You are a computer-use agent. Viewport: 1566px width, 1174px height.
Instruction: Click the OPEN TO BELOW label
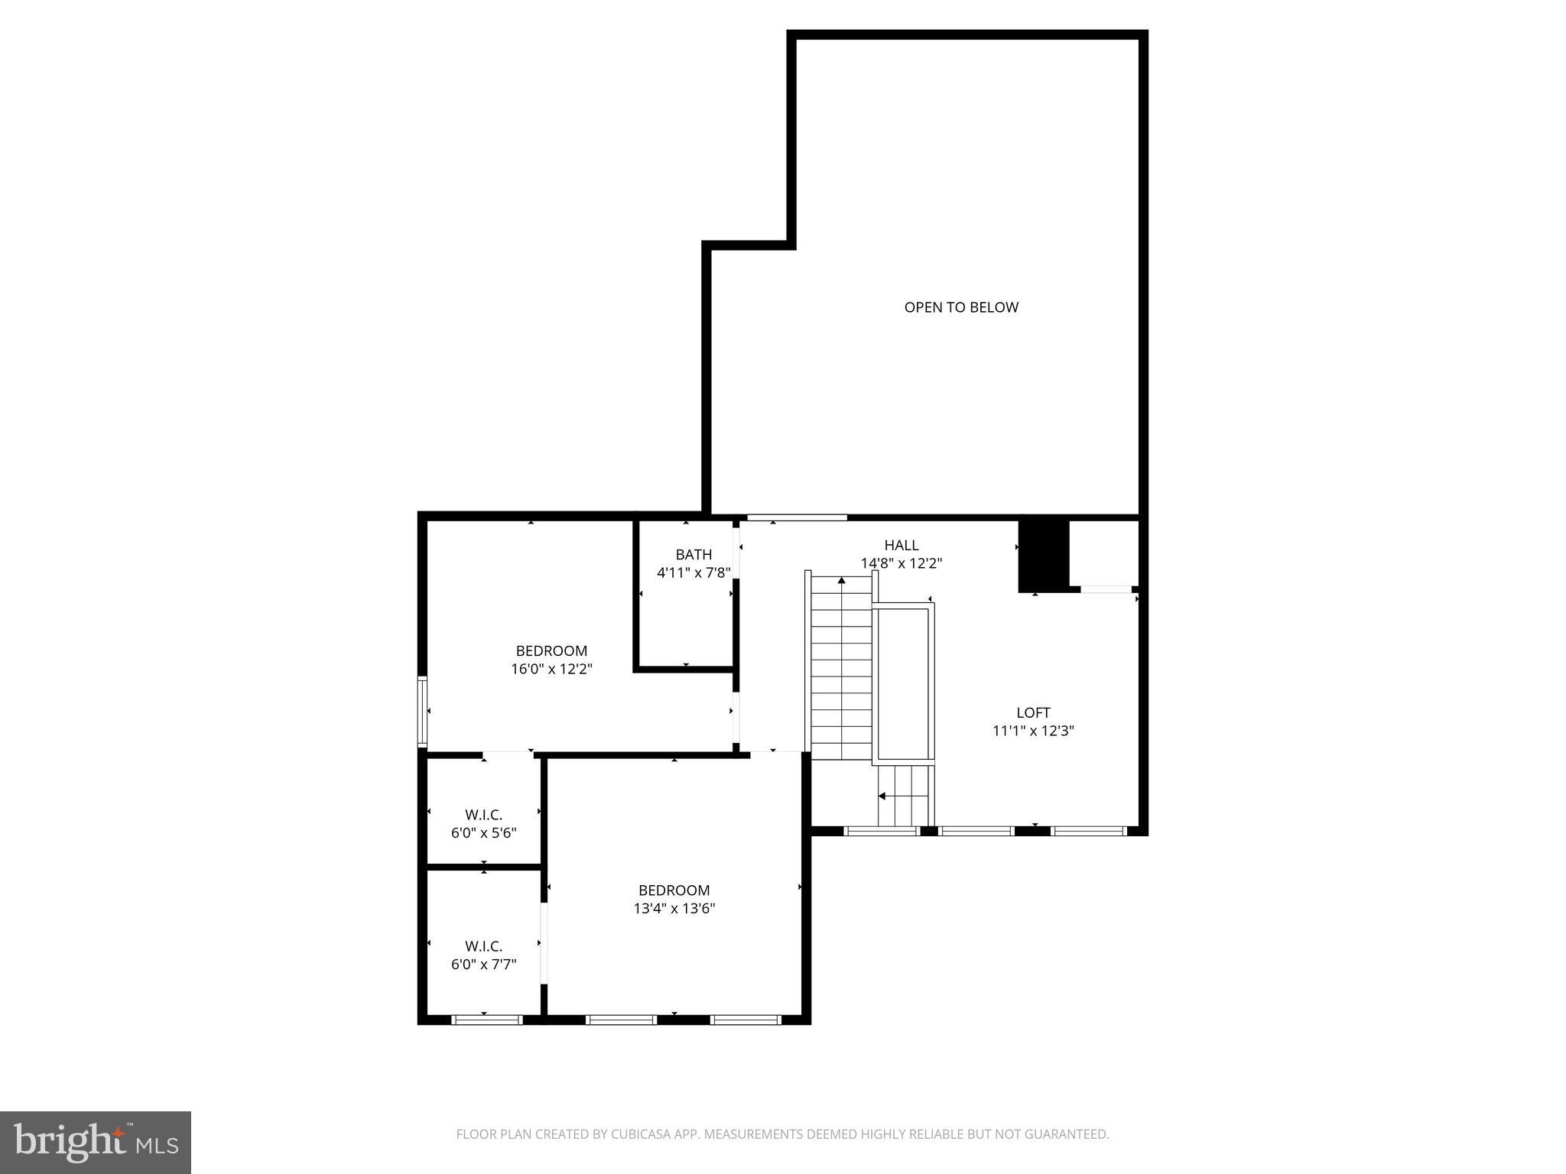tap(961, 307)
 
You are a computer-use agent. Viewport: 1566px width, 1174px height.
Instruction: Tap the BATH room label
tap(694, 554)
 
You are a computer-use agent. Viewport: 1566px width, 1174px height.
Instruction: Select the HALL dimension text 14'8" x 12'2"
tap(901, 563)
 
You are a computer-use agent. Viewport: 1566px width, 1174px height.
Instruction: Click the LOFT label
tap(1033, 712)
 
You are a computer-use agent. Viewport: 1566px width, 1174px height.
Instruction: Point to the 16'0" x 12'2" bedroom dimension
tap(551, 669)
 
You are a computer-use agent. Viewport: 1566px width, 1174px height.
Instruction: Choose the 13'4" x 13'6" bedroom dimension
tap(674, 908)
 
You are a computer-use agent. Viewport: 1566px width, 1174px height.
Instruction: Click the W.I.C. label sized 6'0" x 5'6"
tap(483, 815)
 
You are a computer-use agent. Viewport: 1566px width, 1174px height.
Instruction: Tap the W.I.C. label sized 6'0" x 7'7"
tap(483, 946)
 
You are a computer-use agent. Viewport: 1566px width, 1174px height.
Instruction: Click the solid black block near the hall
tap(1043, 556)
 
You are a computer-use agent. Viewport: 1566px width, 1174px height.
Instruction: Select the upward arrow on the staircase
tap(841, 581)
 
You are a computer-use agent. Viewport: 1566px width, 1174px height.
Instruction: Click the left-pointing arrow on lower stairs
tap(882, 796)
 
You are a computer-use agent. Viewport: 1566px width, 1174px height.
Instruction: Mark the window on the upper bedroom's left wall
tap(421, 711)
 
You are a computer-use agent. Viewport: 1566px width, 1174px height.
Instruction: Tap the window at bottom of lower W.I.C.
tap(487, 1019)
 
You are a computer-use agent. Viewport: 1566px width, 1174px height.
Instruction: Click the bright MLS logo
tap(96, 1142)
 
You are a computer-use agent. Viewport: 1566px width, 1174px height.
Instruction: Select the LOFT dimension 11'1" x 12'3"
tap(1033, 731)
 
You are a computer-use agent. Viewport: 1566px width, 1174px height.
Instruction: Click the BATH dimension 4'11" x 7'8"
tap(694, 572)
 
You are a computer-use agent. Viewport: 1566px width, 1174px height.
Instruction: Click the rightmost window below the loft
tap(1089, 830)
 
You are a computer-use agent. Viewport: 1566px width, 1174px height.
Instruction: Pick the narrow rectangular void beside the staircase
tap(904, 683)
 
